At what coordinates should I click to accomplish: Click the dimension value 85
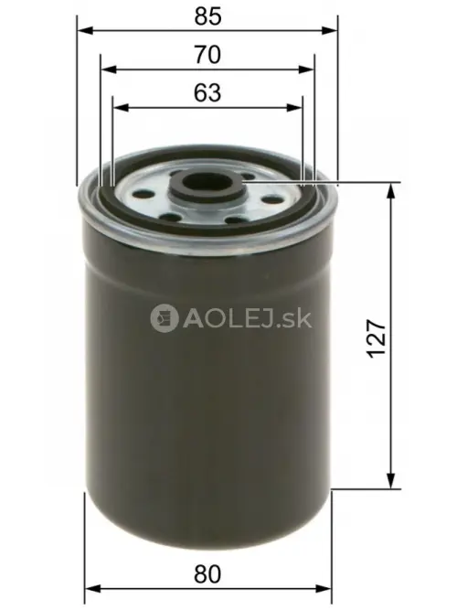(208, 16)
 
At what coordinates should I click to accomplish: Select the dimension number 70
(207, 55)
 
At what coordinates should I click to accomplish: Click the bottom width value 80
(208, 574)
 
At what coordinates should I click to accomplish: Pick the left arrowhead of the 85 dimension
(85, 29)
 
